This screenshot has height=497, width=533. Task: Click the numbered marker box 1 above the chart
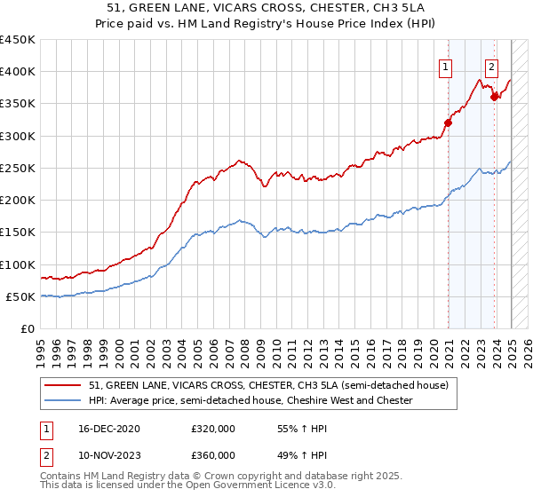pos(444,65)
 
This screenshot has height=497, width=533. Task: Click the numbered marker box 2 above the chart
pos(491,65)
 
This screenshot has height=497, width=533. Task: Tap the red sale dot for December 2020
pos(449,123)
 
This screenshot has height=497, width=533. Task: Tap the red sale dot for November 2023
pos(494,97)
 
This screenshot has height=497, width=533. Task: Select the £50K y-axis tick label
pos(21,296)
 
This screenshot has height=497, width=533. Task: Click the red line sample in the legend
pos(63,385)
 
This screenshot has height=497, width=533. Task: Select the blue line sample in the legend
pos(63,400)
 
